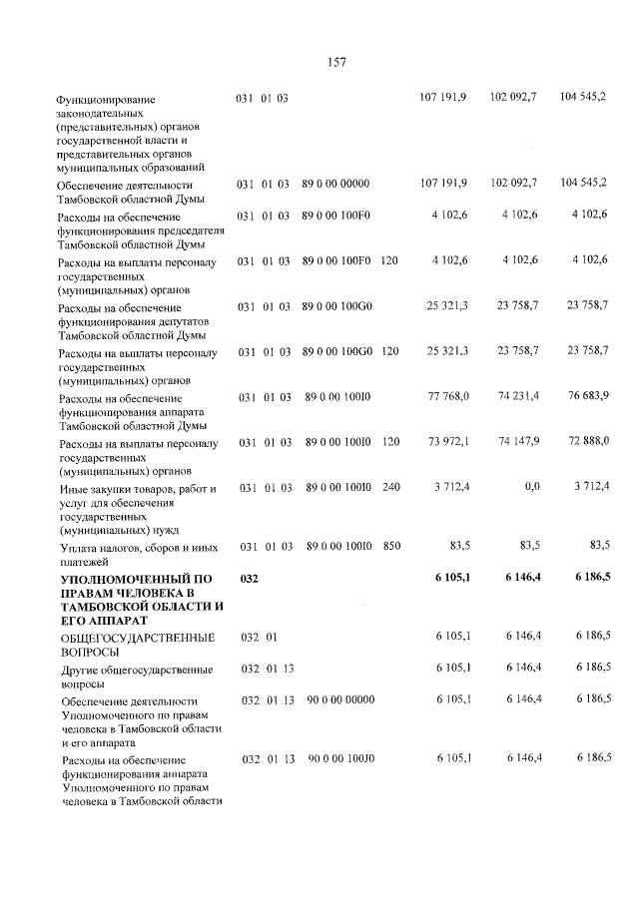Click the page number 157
click(336, 62)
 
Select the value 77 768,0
click(449, 397)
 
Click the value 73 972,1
click(449, 440)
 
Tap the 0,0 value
click(531, 486)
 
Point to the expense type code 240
click(391, 486)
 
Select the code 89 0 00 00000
click(336, 184)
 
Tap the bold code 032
click(250, 578)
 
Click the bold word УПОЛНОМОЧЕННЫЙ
click(124, 579)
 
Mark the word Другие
click(81, 669)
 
